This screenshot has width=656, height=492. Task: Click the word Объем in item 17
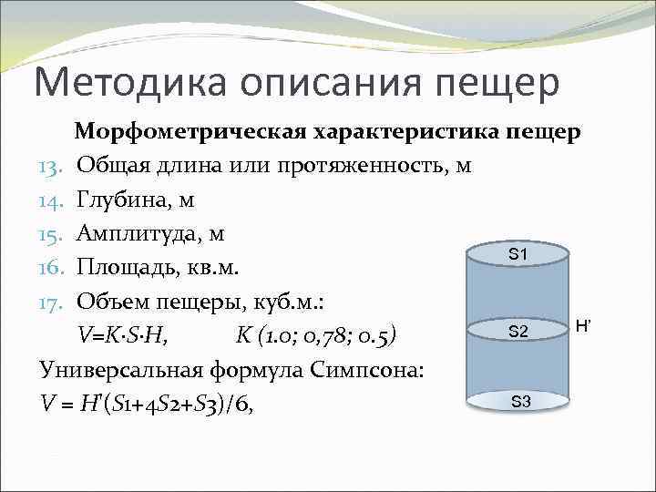(x=112, y=301)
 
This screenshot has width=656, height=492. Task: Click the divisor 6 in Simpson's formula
(x=241, y=402)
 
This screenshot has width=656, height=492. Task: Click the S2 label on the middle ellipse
(x=518, y=332)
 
